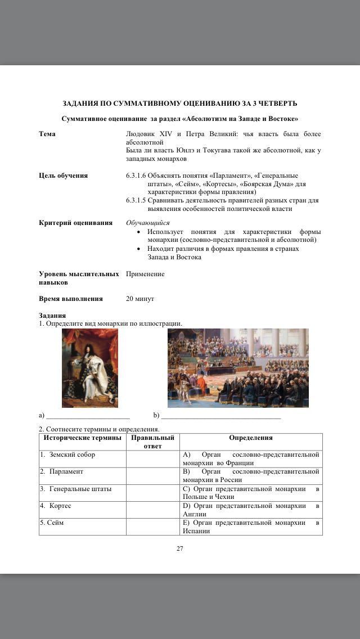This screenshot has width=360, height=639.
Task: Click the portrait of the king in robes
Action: tap(90, 368)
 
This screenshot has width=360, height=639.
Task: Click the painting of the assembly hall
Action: tap(238, 368)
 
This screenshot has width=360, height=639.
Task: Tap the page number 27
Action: tap(180, 548)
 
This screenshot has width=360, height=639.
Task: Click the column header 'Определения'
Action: tap(251, 438)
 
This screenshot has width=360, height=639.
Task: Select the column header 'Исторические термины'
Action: tap(82, 438)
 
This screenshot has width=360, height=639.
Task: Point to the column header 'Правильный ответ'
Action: tap(152, 442)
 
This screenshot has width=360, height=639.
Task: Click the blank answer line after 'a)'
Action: tap(88, 417)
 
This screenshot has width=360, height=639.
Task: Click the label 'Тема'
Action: tap(47, 134)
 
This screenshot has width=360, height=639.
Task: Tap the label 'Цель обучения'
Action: tap(63, 175)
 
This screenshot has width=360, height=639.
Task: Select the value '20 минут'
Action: tap(140, 299)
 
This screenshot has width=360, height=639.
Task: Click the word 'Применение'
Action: tap(145, 274)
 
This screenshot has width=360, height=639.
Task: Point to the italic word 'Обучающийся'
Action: tap(147, 223)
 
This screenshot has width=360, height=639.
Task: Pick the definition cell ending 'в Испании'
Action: tap(251, 526)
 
